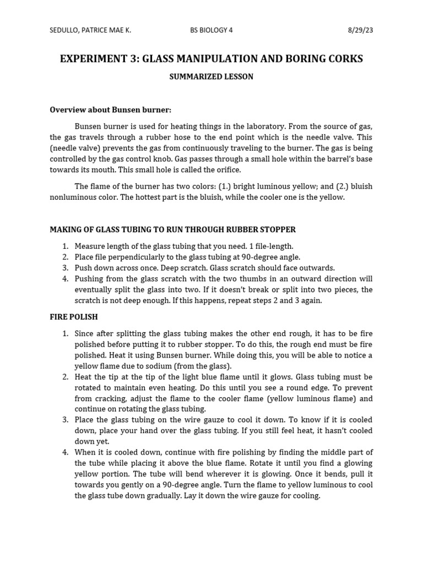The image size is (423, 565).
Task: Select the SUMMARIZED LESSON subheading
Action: (x=211, y=77)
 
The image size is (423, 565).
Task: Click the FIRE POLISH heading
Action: (x=74, y=317)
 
